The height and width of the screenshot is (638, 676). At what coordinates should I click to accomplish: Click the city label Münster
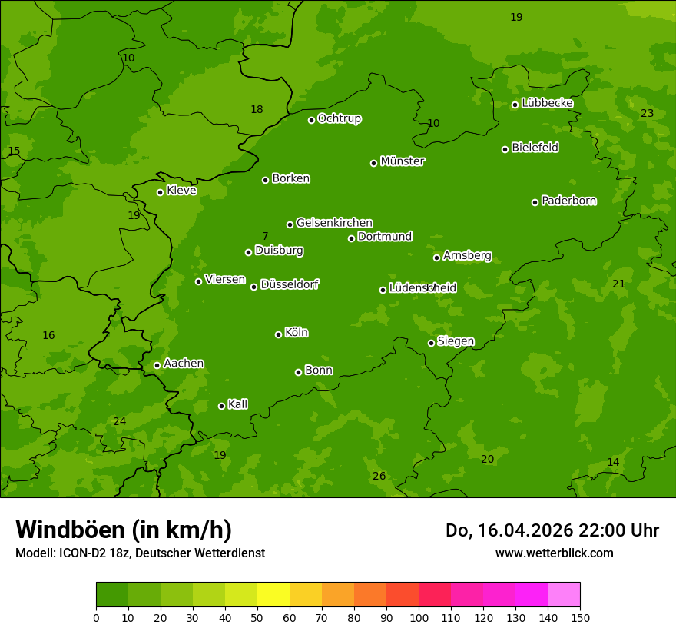point(402,161)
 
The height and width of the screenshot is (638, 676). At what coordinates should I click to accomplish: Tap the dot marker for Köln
point(278,334)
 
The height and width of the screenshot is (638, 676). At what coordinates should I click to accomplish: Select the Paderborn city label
point(568,201)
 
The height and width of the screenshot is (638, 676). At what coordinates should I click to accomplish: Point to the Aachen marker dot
point(157,365)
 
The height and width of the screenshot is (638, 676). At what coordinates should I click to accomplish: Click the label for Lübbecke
point(547,103)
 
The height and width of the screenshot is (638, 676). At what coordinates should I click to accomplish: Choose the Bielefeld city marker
point(505,149)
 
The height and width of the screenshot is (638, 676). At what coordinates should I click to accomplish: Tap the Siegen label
point(456,341)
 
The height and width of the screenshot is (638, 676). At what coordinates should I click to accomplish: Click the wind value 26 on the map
point(379,477)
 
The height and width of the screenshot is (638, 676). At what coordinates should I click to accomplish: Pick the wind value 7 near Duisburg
point(265,237)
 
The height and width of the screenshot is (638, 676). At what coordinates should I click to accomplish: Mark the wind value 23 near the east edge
point(647,114)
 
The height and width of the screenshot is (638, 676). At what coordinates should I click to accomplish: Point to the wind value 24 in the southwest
point(119,422)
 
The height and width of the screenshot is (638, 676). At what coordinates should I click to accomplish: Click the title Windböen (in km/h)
point(124,530)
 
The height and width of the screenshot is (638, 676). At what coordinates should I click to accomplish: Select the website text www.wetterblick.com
point(554,553)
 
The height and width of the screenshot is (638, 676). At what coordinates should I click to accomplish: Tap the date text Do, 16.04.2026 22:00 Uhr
point(552,530)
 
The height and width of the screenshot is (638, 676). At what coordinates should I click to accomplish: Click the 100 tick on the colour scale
point(419,618)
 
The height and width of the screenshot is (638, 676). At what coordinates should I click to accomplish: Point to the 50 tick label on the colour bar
point(257,618)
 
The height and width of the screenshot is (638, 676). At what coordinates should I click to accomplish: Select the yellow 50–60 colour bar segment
point(273,595)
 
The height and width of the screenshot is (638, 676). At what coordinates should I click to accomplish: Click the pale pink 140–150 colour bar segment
point(564,595)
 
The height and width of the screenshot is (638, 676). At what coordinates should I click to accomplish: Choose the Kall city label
point(237,404)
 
